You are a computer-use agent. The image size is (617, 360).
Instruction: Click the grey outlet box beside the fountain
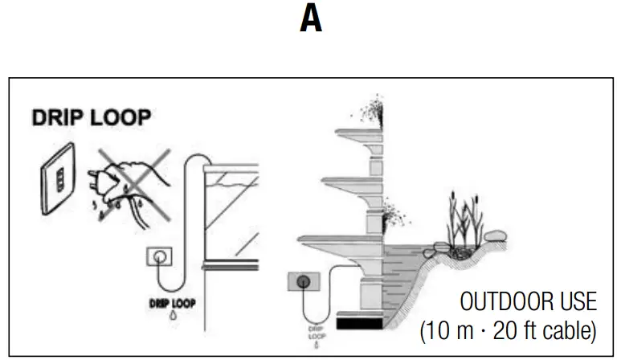pyautogui.click(x=304, y=282)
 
